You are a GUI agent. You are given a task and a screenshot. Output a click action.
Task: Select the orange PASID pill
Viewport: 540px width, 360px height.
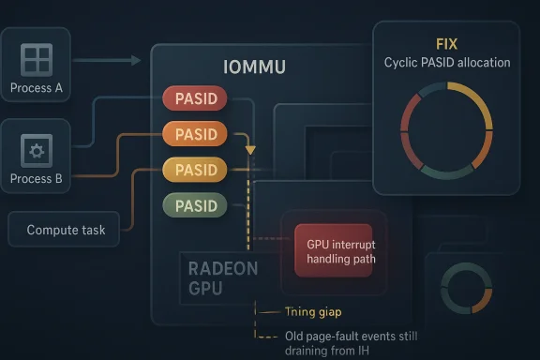click(x=194, y=134)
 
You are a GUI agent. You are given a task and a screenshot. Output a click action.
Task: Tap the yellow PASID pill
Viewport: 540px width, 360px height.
click(x=194, y=170)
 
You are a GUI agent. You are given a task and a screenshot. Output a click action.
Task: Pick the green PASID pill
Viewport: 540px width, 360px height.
click(x=194, y=204)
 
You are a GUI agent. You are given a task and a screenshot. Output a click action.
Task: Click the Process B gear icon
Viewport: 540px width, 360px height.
click(x=37, y=150)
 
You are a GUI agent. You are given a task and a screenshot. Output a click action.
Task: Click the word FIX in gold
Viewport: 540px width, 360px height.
click(x=447, y=44)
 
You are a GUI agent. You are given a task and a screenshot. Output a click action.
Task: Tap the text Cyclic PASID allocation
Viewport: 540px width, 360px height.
click(x=447, y=63)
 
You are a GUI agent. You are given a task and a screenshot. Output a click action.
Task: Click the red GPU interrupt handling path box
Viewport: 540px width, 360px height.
click(x=334, y=250)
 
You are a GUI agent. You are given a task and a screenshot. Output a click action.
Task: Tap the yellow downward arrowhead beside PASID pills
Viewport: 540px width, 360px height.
click(x=249, y=150)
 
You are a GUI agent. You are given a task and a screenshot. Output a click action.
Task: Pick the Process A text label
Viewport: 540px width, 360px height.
click(x=37, y=89)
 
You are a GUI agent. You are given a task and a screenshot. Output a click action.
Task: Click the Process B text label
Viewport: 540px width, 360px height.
click(x=37, y=178)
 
